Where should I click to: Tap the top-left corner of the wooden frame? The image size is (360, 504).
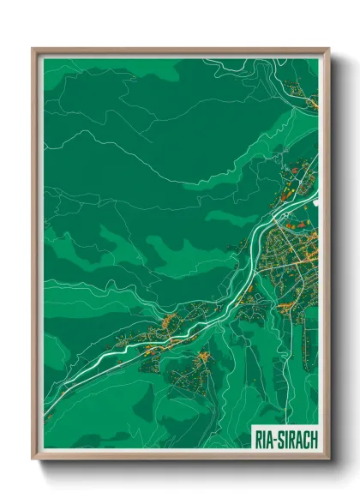click(33, 50)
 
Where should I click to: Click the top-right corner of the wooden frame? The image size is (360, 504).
click(328, 50)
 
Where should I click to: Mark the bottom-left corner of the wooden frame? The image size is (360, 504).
click(33, 460)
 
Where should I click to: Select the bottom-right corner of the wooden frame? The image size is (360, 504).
click(328, 460)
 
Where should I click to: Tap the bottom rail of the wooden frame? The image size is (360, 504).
click(180, 459)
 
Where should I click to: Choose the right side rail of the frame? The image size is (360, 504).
click(327, 257)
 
